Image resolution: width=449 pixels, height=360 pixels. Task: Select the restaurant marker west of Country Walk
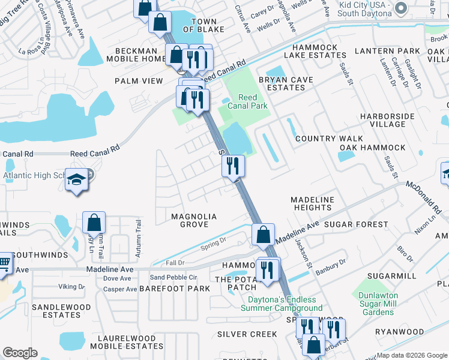coord(233,166)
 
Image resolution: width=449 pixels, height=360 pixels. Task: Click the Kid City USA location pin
coord(402,8)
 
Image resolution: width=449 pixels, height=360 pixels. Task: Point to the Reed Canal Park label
coord(247,102)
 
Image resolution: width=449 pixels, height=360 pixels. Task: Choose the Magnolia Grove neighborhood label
coord(189,220)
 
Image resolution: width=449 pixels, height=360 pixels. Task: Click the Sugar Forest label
coord(356,224)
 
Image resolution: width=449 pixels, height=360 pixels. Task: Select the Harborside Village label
coord(383,120)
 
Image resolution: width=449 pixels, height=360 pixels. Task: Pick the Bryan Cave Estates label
coord(286,83)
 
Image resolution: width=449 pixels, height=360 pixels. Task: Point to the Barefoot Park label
coord(175,289)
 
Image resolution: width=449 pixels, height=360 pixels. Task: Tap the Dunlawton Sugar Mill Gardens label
coord(384,304)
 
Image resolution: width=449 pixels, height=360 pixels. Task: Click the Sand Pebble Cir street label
coord(173,277)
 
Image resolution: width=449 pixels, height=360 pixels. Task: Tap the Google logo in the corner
coord(20,353)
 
